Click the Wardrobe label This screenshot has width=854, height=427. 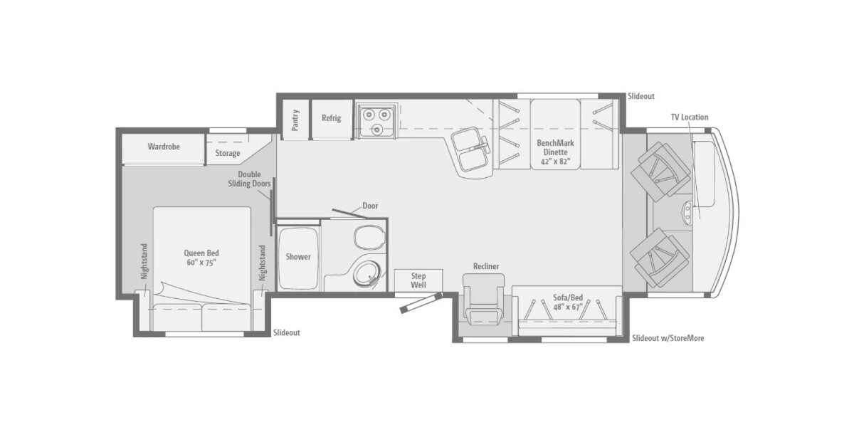pyautogui.click(x=164, y=147)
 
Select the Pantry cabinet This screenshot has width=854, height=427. pyautogui.click(x=295, y=118)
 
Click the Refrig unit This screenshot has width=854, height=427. pyautogui.click(x=331, y=118)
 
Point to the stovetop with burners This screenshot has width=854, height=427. pyautogui.click(x=376, y=119)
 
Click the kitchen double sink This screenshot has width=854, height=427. pyautogui.click(x=470, y=150)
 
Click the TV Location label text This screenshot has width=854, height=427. pyautogui.click(x=689, y=117)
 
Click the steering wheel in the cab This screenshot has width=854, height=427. pyautogui.click(x=691, y=209)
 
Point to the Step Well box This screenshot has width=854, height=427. pyautogui.click(x=418, y=280)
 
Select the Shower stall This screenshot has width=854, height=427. pyautogui.click(x=298, y=257)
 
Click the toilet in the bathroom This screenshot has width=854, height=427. pyautogui.click(x=368, y=236)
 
